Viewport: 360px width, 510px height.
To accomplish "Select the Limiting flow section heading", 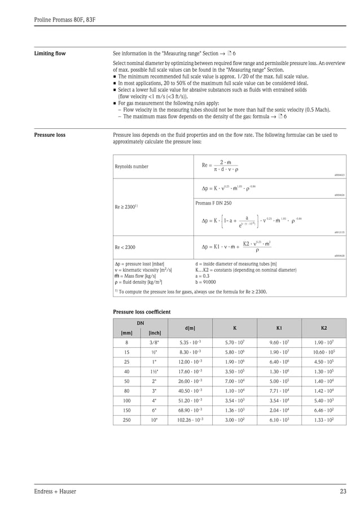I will click(x=50, y=54).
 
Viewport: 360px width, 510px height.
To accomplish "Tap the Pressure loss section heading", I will click(x=50, y=135).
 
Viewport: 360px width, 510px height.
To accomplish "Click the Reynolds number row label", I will click(x=131, y=167).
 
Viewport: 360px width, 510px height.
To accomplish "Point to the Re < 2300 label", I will click(x=125, y=247).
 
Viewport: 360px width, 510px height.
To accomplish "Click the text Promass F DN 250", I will click(x=213, y=202).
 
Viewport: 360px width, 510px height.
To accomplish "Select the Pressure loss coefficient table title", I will click(x=142, y=312).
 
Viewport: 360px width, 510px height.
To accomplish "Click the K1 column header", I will click(x=279, y=328).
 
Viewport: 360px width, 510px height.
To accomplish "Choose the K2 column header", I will click(x=323, y=328).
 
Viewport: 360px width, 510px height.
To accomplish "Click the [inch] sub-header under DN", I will click(x=154, y=333).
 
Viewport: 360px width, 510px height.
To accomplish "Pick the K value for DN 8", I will click(x=235, y=342).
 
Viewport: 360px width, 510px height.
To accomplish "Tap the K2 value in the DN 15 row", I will click(x=323, y=352).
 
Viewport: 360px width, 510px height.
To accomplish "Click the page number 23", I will click(x=343, y=491).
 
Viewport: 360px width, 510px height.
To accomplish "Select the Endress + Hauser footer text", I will click(x=55, y=491).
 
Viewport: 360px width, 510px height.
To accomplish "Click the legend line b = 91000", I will click(x=207, y=281).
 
